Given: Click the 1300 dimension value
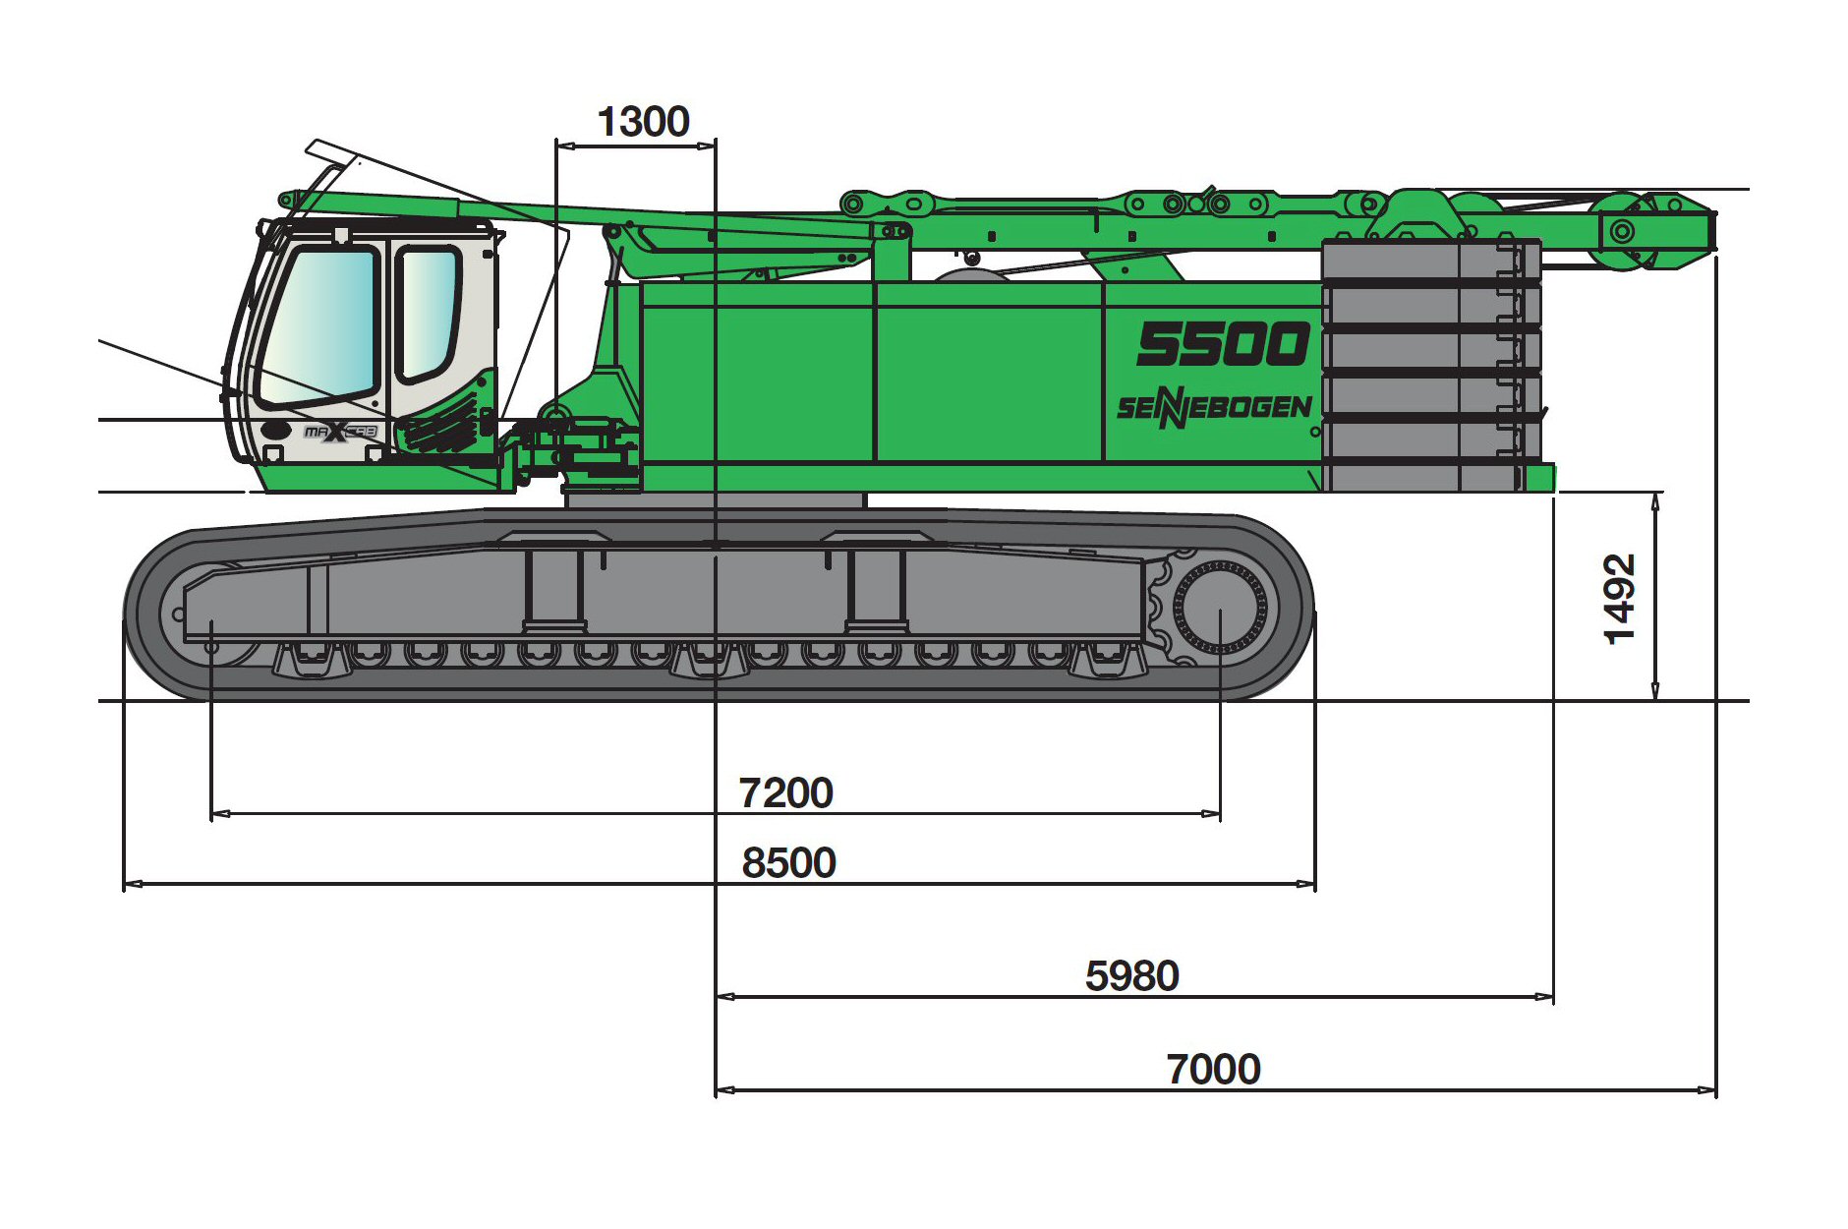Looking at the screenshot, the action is pos(643,122).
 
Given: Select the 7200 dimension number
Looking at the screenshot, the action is pos(785,792).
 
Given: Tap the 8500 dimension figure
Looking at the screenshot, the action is pos(788,862).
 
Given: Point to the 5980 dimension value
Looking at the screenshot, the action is pos(1131,975).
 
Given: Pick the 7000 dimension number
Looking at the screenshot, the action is pos(1213,1069).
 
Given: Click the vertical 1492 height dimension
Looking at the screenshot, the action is pos(1619,599).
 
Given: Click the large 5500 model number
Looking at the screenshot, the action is pos(1223,344).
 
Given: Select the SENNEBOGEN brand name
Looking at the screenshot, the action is pos(1214,408).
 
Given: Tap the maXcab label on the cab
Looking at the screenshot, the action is pos(340,432).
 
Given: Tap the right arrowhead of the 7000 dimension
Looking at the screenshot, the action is pos(1707,1090).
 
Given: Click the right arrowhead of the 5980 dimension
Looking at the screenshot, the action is pos(1544,997).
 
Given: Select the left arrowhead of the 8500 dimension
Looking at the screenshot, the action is pos(133,884).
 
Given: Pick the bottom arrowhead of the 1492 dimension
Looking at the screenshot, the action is pos(1655,691).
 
